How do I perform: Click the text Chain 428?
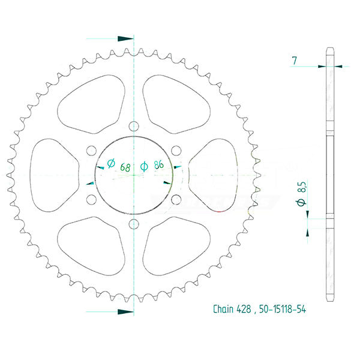[233, 310]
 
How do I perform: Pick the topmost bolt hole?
[133, 126]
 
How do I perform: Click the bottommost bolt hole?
[133, 224]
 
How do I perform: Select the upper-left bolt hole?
[91, 151]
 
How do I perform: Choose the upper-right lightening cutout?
[175, 101]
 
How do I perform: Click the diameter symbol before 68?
[110, 164]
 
